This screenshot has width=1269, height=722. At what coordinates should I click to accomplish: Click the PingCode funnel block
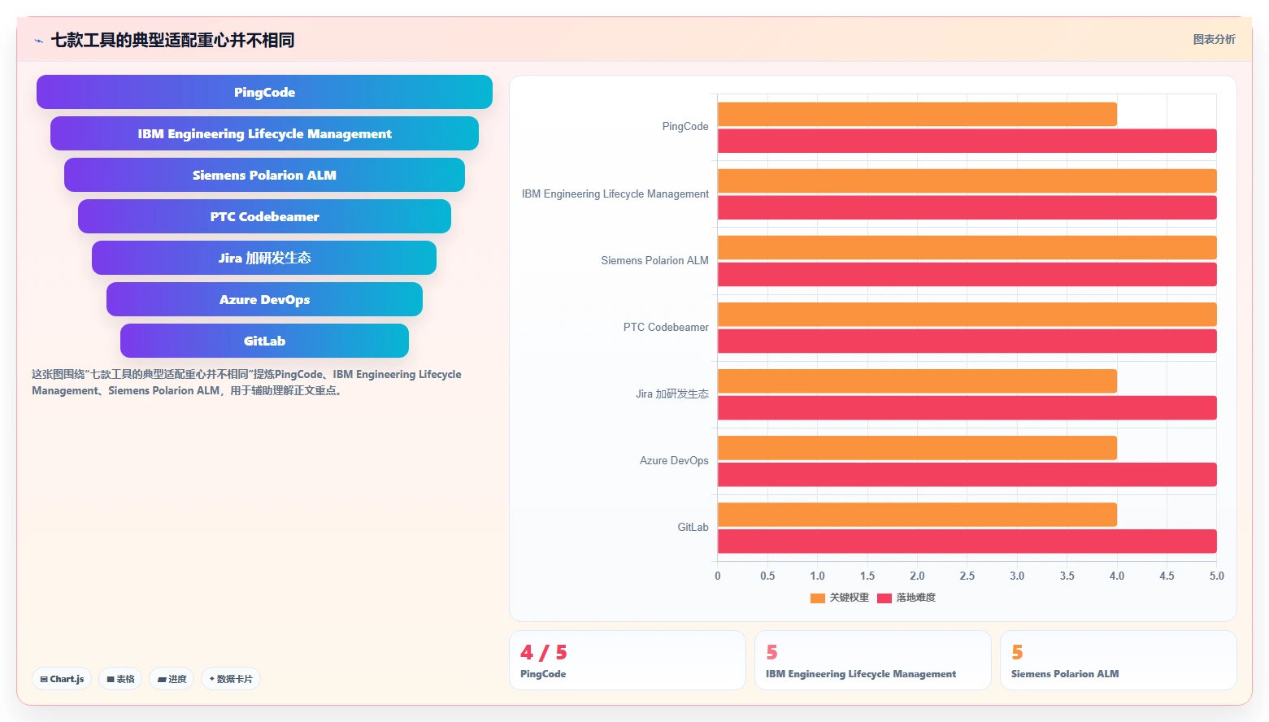[264, 92]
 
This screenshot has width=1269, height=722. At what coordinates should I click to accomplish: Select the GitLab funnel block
[264, 341]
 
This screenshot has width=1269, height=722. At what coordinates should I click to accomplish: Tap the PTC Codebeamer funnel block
[264, 216]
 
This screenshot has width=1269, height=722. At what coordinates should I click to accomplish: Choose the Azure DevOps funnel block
[264, 299]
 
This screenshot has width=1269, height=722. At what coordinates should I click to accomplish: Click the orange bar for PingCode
[917, 115]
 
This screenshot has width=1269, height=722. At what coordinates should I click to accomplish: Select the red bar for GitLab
[967, 541]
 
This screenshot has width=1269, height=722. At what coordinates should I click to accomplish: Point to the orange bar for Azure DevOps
[917, 448]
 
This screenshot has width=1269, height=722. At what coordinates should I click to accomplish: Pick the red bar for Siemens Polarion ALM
[967, 274]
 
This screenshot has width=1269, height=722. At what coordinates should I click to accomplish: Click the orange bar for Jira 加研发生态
[917, 381]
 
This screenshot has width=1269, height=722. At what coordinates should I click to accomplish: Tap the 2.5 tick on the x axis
[967, 576]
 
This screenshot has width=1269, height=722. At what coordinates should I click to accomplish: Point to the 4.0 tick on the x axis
[1117, 576]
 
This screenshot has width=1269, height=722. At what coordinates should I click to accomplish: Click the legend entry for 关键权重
[840, 598]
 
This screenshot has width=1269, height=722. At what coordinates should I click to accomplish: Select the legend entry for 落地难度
[906, 598]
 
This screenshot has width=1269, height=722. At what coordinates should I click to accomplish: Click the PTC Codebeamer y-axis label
[666, 327]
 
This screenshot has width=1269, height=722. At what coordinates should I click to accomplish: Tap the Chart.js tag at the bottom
[62, 679]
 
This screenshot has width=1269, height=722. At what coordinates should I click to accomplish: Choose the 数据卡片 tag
[231, 679]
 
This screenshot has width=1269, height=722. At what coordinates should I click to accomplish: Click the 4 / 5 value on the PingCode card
[544, 652]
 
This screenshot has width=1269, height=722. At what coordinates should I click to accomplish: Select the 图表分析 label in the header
[1214, 39]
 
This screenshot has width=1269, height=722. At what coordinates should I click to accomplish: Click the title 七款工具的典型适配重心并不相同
[173, 40]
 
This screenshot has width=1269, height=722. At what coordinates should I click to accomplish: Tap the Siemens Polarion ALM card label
[1065, 674]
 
